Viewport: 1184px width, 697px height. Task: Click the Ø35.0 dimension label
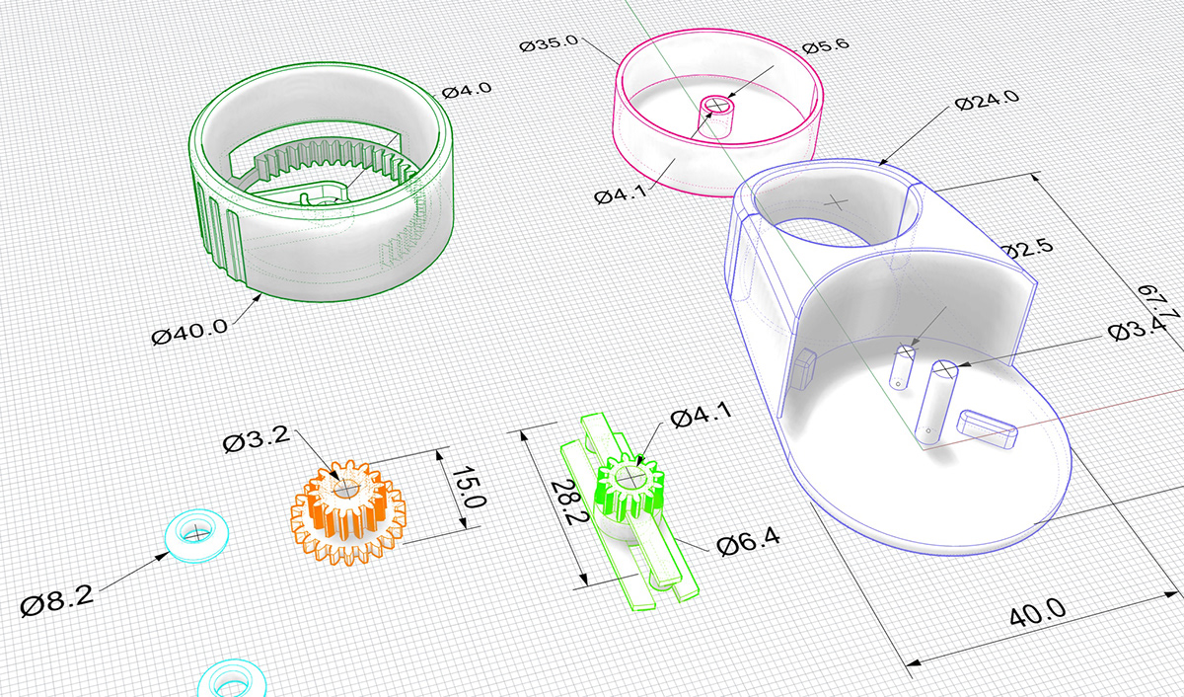(x=549, y=42)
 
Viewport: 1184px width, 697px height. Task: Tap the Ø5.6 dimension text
(x=826, y=46)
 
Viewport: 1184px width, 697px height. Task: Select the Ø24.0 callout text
(x=987, y=100)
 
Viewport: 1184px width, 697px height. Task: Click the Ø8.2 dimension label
(x=56, y=600)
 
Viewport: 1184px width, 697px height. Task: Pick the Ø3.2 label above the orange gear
(x=257, y=440)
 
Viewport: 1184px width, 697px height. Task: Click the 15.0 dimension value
(x=470, y=487)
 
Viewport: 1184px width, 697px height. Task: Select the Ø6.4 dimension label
(x=748, y=542)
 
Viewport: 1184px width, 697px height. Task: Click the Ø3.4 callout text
(x=1137, y=330)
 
